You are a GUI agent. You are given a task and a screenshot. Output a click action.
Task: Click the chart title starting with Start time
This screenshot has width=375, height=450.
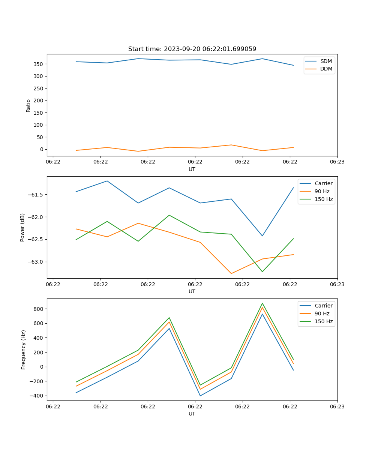(x=192, y=49)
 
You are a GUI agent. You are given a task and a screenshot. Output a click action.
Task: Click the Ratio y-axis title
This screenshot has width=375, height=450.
(x=28, y=105)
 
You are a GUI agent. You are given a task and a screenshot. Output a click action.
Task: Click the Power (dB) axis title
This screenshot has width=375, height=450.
(x=22, y=227)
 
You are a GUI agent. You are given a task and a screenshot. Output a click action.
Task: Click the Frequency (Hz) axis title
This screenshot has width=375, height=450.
(x=24, y=349)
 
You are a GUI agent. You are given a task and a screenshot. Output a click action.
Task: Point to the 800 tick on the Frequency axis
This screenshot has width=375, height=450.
(x=39, y=309)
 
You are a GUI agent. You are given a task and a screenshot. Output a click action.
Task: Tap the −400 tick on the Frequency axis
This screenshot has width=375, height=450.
(x=37, y=396)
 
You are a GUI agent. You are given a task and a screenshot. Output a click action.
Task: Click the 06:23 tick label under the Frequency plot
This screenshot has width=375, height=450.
(x=337, y=406)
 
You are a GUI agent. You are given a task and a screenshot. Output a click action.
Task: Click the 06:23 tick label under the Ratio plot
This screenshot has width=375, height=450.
(x=337, y=162)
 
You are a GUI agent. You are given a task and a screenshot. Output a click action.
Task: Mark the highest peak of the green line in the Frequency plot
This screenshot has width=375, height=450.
(x=262, y=303)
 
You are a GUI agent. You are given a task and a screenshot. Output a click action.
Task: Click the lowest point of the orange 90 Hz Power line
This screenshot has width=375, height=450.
(x=231, y=273)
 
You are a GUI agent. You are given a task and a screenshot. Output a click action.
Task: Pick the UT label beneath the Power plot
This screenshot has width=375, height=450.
(x=192, y=291)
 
